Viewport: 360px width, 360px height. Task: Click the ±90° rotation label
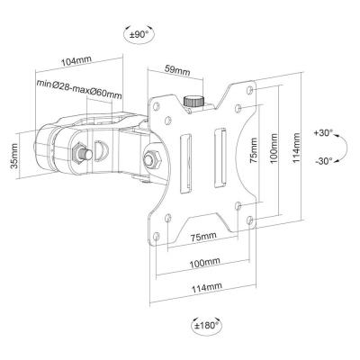coord(139,35)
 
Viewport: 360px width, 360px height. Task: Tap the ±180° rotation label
coord(206,325)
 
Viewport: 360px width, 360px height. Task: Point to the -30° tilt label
coord(324,160)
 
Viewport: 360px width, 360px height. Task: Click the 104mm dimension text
coord(76,61)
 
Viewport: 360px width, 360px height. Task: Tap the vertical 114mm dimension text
coord(296,148)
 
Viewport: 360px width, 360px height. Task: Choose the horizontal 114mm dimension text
coord(207,287)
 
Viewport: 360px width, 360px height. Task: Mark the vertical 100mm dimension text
coord(274,148)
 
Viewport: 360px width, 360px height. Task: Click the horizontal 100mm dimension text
coord(204,263)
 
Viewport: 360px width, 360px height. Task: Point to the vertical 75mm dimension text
coord(254,150)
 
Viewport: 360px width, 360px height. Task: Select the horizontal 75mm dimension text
coord(203,236)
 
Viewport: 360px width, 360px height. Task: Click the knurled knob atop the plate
coord(193,101)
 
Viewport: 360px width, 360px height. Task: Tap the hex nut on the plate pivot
coord(153,158)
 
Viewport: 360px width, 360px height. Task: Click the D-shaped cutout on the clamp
coord(101,151)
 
